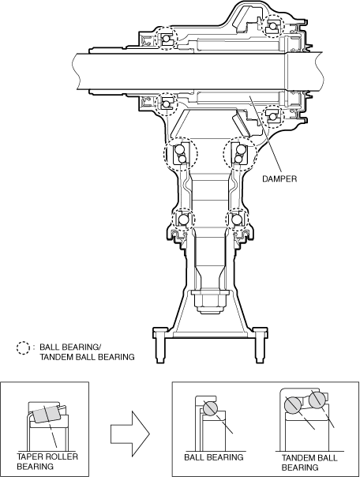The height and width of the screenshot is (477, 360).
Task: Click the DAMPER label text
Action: click(x=279, y=178)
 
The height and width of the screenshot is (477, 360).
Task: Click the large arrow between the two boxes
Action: click(x=129, y=434)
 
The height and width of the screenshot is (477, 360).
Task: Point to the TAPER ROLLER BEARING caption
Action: click(x=47, y=461)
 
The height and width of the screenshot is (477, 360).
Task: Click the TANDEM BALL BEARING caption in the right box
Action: click(x=309, y=463)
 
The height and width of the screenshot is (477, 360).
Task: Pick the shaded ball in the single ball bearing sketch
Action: click(x=209, y=408)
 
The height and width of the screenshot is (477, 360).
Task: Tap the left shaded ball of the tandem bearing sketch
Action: click(x=292, y=405)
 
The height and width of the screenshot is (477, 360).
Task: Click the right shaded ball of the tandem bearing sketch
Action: click(x=317, y=400)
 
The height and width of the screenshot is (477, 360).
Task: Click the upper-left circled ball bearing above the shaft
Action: click(x=166, y=39)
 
